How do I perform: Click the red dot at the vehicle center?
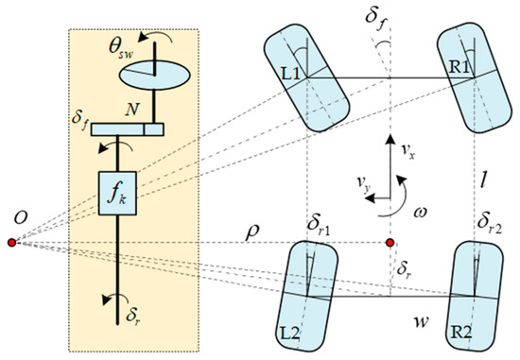[x=390, y=243]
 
